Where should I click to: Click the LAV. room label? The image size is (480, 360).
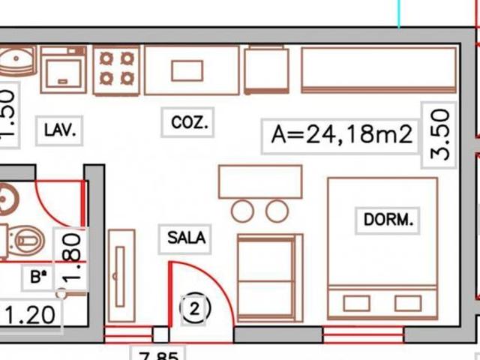(59, 130)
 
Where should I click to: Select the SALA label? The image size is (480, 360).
(186, 238)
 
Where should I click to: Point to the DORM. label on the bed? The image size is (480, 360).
(388, 220)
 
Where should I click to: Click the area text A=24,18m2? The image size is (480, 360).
(342, 136)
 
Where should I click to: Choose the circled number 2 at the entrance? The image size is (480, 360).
(195, 308)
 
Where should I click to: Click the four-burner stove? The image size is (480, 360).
(118, 68)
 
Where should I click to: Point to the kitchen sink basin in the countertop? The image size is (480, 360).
(187, 70)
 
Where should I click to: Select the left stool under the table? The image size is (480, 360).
(242, 211)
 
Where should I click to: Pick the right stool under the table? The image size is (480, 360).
(277, 211)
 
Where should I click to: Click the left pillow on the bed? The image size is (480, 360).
(356, 303)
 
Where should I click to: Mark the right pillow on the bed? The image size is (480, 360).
(407, 303)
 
